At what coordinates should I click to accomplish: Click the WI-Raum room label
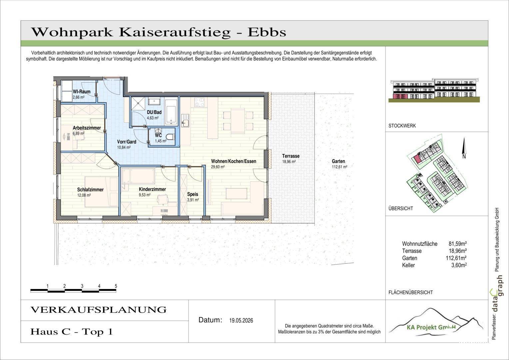point(82,92)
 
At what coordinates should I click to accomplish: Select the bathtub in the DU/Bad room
point(171,112)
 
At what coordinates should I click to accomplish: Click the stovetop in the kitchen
point(199,102)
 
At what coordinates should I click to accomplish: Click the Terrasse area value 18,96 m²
point(289,162)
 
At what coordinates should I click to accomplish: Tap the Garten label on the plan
point(338,161)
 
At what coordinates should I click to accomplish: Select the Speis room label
point(193,194)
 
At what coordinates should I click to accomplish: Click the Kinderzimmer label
point(153,189)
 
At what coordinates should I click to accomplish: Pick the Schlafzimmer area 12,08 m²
point(84,195)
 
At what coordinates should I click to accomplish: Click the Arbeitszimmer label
point(87,128)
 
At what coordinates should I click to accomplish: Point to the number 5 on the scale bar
point(116,286)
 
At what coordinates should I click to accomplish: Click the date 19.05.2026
point(241,320)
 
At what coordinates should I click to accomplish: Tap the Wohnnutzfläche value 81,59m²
point(458,244)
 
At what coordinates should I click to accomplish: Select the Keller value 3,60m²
point(459,265)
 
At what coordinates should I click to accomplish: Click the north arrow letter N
point(464,156)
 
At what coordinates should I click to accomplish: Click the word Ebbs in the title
point(267,32)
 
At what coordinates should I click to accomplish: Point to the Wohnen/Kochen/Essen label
point(234,161)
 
